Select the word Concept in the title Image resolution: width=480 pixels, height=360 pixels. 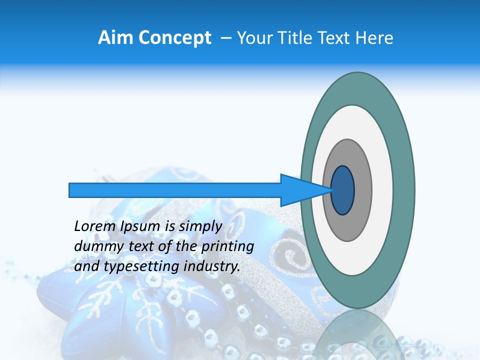(175, 37)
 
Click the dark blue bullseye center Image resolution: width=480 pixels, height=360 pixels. (342, 190)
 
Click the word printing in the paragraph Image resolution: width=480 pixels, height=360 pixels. (228, 246)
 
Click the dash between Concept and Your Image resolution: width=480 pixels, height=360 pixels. (225, 38)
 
